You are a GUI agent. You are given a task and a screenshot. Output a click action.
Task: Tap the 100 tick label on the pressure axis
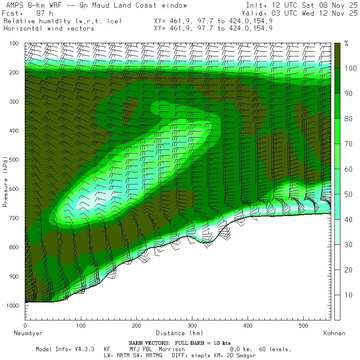coord(14,43)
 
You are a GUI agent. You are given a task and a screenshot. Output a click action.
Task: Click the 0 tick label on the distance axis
coord(25,326)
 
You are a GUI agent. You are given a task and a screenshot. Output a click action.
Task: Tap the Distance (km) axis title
coord(179,333)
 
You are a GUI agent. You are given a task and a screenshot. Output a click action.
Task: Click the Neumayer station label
coord(28,333)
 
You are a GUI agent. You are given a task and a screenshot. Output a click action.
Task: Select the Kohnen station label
coord(334,333)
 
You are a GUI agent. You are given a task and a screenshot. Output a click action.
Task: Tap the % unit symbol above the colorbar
coord(346,43)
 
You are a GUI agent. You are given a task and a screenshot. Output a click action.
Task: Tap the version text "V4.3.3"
coord(84,349)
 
